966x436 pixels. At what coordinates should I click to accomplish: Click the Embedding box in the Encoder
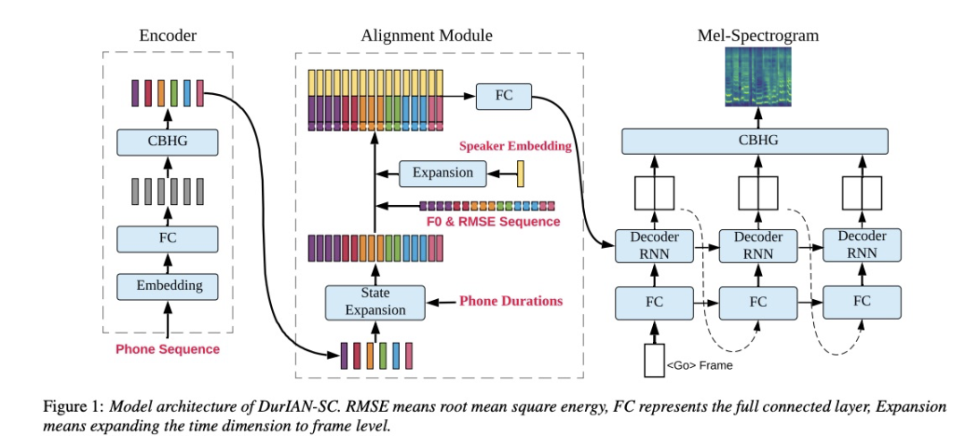[169, 286]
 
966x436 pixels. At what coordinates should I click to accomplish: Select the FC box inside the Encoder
[169, 238]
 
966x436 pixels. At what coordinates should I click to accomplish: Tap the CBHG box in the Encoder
[169, 141]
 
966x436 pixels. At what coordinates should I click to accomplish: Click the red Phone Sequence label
[168, 349]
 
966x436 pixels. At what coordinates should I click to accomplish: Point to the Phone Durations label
[511, 302]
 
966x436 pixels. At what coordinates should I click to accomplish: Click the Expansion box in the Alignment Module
[443, 173]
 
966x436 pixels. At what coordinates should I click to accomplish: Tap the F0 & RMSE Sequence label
[489, 221]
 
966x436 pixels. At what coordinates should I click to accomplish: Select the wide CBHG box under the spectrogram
[756, 141]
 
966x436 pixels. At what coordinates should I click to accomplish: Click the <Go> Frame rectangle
[654, 360]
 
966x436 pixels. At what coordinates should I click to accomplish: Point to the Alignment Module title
[427, 36]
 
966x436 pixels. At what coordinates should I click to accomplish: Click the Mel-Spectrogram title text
[758, 36]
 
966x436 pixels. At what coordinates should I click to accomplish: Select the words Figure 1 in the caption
[71, 406]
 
